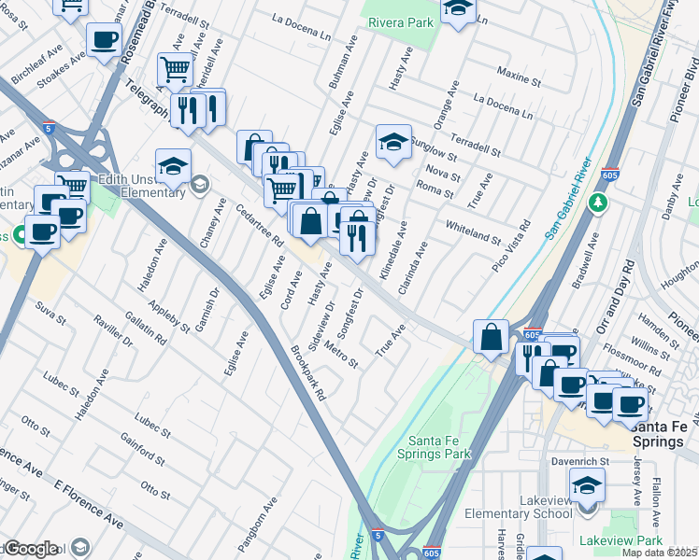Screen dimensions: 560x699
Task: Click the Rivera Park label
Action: (403, 22)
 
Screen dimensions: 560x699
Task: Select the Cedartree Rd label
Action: (259, 225)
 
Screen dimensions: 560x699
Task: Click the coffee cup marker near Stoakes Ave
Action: (104, 39)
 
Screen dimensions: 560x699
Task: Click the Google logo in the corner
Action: (31, 549)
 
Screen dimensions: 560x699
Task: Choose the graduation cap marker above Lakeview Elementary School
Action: (587, 483)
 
